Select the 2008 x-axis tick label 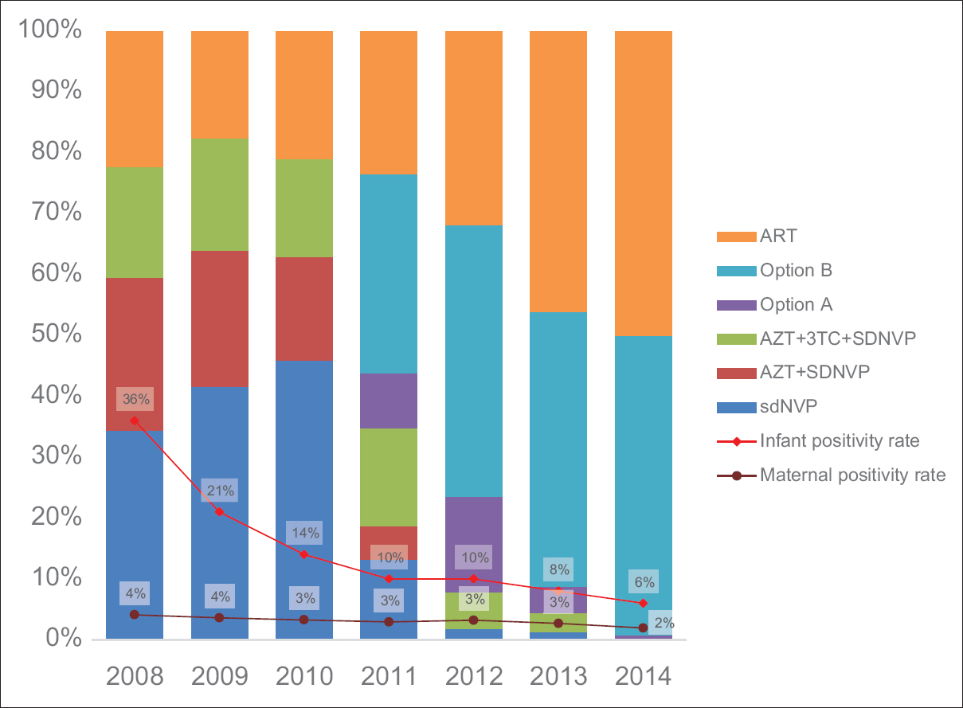tap(135, 676)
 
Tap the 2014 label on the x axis tap(643, 676)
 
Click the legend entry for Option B tap(796, 270)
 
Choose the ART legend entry tap(778, 236)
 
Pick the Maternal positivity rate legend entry tap(852, 475)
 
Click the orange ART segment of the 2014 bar tap(643, 183)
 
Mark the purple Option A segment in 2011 tap(389, 401)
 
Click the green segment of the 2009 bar tap(219, 194)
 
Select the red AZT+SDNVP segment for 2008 tap(135, 354)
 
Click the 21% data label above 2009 tap(220, 490)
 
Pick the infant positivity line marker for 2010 tap(304, 553)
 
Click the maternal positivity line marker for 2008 tap(135, 614)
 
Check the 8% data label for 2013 tap(558, 569)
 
